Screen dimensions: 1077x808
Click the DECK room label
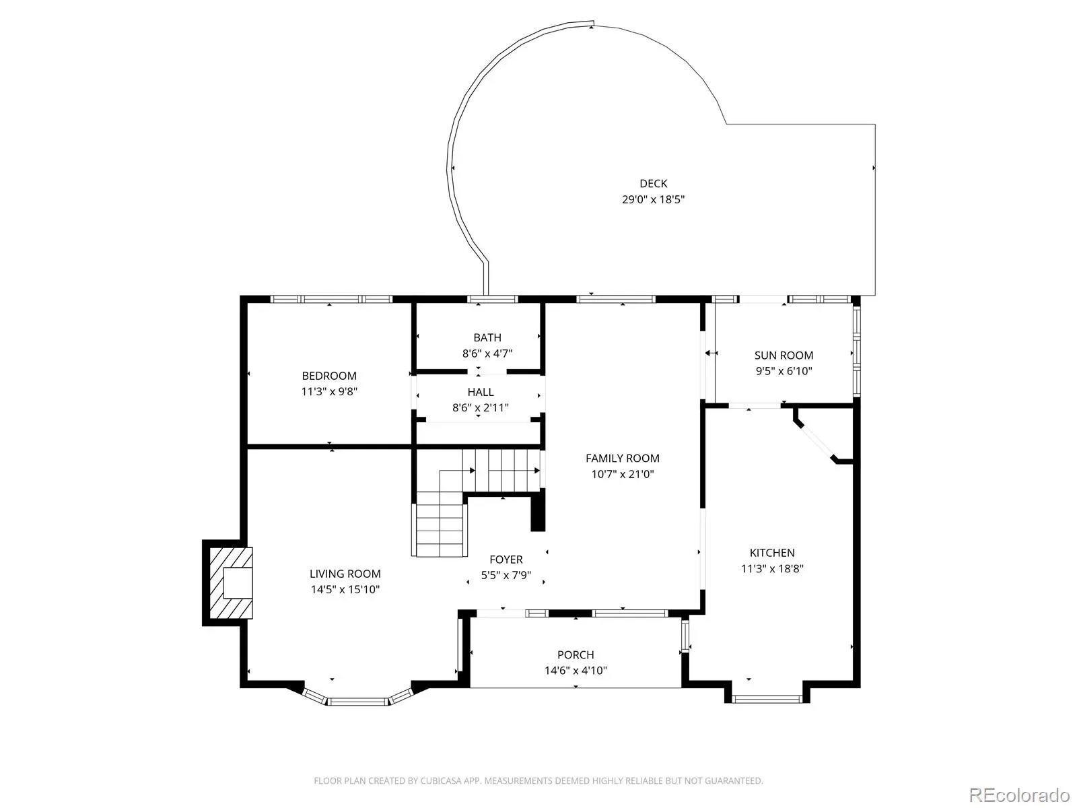tap(653, 183)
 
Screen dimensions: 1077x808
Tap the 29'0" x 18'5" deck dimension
tap(653, 199)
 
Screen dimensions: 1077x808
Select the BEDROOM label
tap(328, 376)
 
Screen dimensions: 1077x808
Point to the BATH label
tap(487, 337)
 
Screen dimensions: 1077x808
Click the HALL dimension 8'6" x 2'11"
tap(481, 407)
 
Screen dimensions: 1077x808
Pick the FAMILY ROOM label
tap(622, 459)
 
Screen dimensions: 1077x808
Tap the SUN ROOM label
tap(784, 356)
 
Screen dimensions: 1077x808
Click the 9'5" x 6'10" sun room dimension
tap(784, 371)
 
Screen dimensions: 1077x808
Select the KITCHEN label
tap(772, 553)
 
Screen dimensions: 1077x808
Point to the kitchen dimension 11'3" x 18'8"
tap(772, 568)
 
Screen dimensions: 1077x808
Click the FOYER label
tap(506, 560)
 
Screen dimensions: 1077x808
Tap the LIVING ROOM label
tap(345, 574)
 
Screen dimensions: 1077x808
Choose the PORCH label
tap(576, 654)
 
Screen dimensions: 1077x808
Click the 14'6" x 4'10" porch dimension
tap(576, 670)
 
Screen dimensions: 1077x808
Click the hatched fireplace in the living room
tap(231, 583)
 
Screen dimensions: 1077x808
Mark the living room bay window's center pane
tap(357, 702)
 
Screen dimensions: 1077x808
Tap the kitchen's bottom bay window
tap(767, 699)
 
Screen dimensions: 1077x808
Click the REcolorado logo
tap(1020, 795)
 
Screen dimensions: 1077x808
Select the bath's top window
tap(492, 299)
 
